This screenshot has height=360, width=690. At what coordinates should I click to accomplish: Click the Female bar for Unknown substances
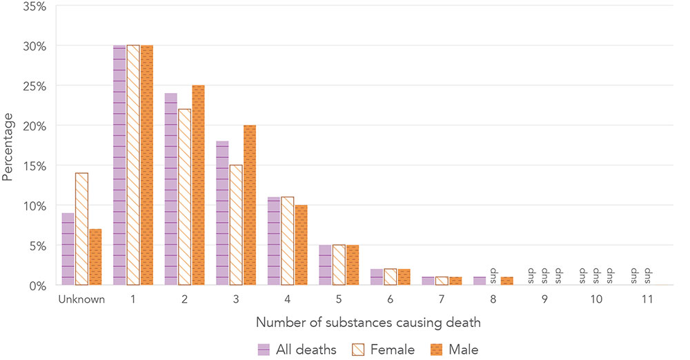click(81, 229)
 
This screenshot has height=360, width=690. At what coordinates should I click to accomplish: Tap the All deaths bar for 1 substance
click(119, 166)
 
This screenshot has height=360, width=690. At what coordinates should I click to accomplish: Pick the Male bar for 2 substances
click(198, 185)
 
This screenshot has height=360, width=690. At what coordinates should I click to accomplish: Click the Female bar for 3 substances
click(236, 225)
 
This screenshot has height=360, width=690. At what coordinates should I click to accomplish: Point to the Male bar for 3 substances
click(250, 205)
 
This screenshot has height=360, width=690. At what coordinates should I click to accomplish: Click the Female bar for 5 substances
click(339, 265)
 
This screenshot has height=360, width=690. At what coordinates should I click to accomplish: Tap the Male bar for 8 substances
click(508, 281)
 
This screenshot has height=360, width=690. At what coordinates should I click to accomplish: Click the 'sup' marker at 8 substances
click(494, 275)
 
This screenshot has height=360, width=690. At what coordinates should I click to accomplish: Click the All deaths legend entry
click(297, 349)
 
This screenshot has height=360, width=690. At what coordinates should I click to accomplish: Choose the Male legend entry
click(454, 349)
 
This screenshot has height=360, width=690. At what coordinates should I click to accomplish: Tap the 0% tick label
click(37, 285)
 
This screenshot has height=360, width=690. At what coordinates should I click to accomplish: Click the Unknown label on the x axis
click(81, 299)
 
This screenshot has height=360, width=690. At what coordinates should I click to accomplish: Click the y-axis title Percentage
click(8, 146)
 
